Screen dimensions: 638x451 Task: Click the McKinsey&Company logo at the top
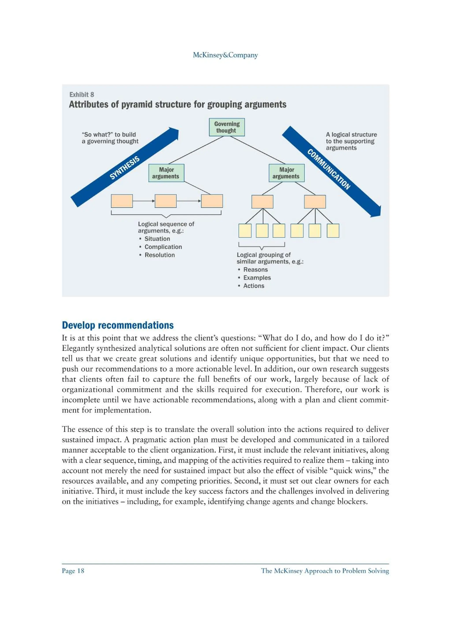click(x=225, y=55)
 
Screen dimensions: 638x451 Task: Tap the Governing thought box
click(x=227, y=127)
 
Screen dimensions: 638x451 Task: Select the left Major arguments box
click(x=166, y=173)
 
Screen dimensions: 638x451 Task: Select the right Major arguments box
click(x=286, y=173)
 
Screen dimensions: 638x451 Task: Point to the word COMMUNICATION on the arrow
click(x=329, y=169)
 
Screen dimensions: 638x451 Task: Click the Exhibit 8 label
click(x=82, y=94)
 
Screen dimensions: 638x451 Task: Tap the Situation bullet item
click(x=157, y=239)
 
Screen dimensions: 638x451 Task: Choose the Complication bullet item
click(x=163, y=247)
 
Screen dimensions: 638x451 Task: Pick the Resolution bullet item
click(x=159, y=255)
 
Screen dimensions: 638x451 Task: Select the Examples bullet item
click(x=257, y=278)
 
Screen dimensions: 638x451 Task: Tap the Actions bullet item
click(x=253, y=286)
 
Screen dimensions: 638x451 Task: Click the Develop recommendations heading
click(x=118, y=325)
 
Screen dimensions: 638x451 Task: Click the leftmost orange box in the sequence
click(x=122, y=201)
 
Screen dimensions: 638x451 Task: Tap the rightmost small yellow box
click(x=333, y=231)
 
